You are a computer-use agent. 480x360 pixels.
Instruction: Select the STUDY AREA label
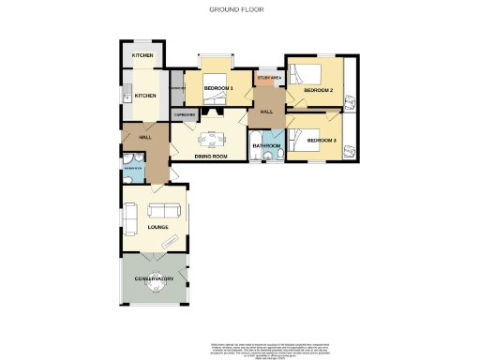tap(269, 77)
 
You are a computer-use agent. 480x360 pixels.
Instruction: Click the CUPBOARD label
tap(185, 114)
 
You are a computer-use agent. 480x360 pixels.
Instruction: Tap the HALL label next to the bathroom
tap(266, 112)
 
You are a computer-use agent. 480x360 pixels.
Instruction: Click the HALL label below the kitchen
tap(145, 138)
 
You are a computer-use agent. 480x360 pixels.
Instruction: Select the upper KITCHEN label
tap(142, 56)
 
